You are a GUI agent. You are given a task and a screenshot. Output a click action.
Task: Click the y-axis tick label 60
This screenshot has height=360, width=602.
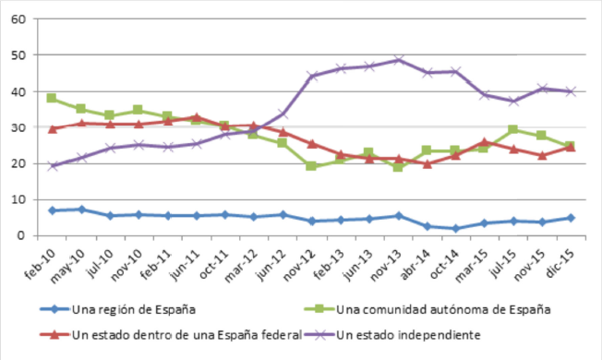(x=18, y=19)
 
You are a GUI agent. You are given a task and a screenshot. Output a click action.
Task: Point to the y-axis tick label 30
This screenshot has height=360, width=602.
(x=18, y=127)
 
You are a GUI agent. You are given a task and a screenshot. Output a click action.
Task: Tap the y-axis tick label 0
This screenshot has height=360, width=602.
(x=21, y=235)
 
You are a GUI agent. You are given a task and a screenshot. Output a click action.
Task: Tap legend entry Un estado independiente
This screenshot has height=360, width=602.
(x=415, y=332)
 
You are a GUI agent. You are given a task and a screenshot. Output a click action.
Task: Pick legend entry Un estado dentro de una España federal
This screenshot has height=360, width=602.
(x=165, y=332)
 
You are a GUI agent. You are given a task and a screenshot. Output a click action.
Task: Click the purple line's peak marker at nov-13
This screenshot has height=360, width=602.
(x=398, y=60)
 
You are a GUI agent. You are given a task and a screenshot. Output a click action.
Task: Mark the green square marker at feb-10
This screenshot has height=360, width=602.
(x=52, y=98)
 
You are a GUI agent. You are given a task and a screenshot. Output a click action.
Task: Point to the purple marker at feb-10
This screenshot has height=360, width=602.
(x=52, y=166)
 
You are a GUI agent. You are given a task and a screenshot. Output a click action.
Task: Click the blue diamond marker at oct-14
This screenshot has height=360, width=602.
(x=455, y=228)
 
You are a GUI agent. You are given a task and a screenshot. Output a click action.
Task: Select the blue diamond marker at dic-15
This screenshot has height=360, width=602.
(x=571, y=218)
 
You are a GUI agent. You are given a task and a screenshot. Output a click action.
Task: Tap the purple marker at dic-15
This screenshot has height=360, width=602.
(x=571, y=91)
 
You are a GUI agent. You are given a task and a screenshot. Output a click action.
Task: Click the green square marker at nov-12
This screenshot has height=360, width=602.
(x=311, y=166)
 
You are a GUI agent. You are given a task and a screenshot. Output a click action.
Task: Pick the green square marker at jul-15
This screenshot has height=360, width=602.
(x=512, y=130)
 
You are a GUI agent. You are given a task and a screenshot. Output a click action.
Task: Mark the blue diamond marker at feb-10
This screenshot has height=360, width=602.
(x=52, y=210)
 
